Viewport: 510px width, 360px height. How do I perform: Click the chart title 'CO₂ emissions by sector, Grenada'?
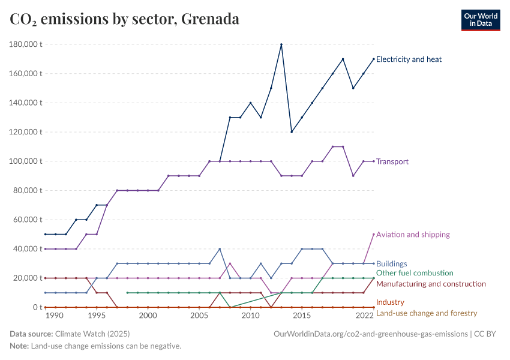coord(125,19)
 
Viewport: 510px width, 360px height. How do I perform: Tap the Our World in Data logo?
coord(480,20)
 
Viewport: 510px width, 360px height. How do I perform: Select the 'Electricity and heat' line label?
coord(409,59)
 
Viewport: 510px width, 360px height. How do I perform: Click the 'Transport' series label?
coord(392,161)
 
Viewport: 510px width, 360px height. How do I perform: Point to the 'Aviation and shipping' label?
coord(413,235)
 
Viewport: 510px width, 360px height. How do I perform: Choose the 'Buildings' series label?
coord(392,263)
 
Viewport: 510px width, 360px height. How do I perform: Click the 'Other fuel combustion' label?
coord(415,273)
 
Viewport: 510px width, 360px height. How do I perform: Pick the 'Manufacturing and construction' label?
coord(431,284)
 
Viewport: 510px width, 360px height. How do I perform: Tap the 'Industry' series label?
coord(390,302)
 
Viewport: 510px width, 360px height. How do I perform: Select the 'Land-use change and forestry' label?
coord(427,313)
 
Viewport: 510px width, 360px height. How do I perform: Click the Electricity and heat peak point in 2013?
coord(281,44)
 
